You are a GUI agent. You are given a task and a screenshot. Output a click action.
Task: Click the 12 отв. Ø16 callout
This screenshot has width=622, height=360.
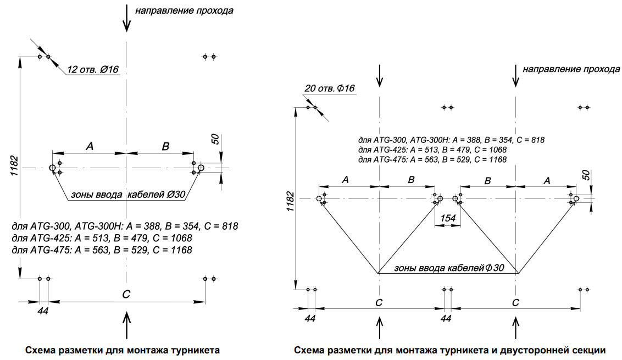pos(93,70)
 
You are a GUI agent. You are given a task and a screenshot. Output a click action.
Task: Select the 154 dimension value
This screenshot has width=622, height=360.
pos(447,219)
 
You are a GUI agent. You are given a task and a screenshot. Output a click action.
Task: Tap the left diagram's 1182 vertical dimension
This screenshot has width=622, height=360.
pos(14,165)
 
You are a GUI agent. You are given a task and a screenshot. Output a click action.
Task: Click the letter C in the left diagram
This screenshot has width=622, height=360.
pos(126,295)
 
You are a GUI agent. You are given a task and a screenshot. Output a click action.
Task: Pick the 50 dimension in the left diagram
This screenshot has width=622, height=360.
pos(215,139)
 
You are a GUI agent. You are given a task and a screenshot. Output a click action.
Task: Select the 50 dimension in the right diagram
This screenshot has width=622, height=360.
pos(586,175)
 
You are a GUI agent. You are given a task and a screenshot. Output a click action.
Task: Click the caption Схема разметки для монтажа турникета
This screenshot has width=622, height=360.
pos(122,350)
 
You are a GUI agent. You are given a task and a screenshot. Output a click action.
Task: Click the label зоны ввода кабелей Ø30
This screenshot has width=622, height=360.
pos(128,195)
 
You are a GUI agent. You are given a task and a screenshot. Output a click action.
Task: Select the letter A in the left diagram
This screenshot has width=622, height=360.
pos(90,146)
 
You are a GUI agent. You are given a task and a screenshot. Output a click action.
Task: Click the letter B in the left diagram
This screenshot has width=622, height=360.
pos(165,146)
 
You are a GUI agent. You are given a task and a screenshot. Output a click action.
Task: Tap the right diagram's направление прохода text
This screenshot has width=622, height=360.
pos(571,70)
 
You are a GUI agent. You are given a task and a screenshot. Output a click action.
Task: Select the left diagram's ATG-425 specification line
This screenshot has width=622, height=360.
pos(102,238)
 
